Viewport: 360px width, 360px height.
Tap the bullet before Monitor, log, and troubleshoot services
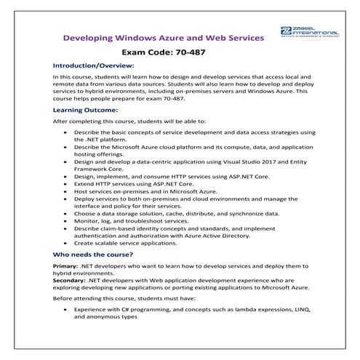click(67, 222)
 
